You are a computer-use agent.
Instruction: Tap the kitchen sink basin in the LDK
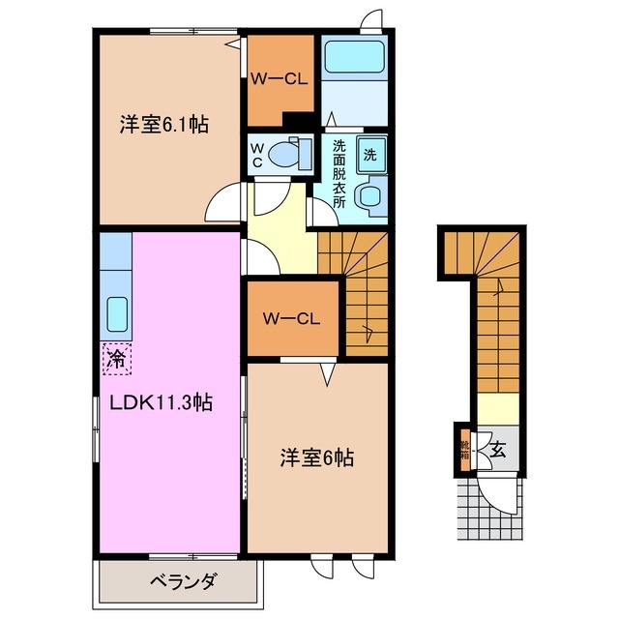point(116,313)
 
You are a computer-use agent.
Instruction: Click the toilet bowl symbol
point(287,153)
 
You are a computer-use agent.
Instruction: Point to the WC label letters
point(257,156)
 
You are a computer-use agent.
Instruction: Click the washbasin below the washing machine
point(369,196)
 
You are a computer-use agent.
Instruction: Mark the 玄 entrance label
point(497,450)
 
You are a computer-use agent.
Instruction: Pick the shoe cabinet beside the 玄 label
point(466,450)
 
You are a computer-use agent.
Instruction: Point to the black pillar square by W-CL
point(298,121)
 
